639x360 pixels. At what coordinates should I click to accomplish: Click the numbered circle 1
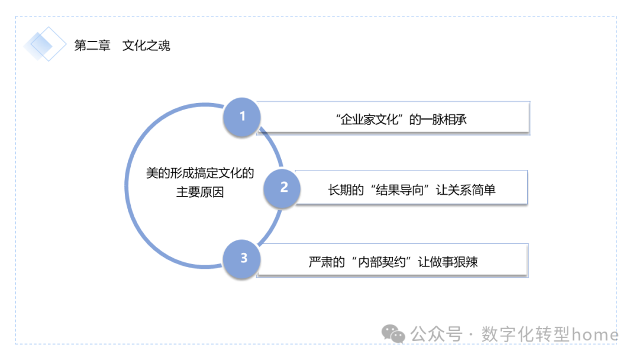point(241,117)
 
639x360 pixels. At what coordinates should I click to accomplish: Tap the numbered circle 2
point(284,188)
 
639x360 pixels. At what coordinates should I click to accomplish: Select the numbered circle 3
point(243,258)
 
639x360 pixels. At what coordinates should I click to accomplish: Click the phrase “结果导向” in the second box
point(397,190)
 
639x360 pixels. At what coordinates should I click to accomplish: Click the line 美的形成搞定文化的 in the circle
point(200,173)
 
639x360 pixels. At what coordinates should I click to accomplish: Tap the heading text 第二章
point(92,46)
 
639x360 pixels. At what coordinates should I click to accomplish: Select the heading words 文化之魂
point(146,46)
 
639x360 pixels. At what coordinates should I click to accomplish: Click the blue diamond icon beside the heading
point(45,44)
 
